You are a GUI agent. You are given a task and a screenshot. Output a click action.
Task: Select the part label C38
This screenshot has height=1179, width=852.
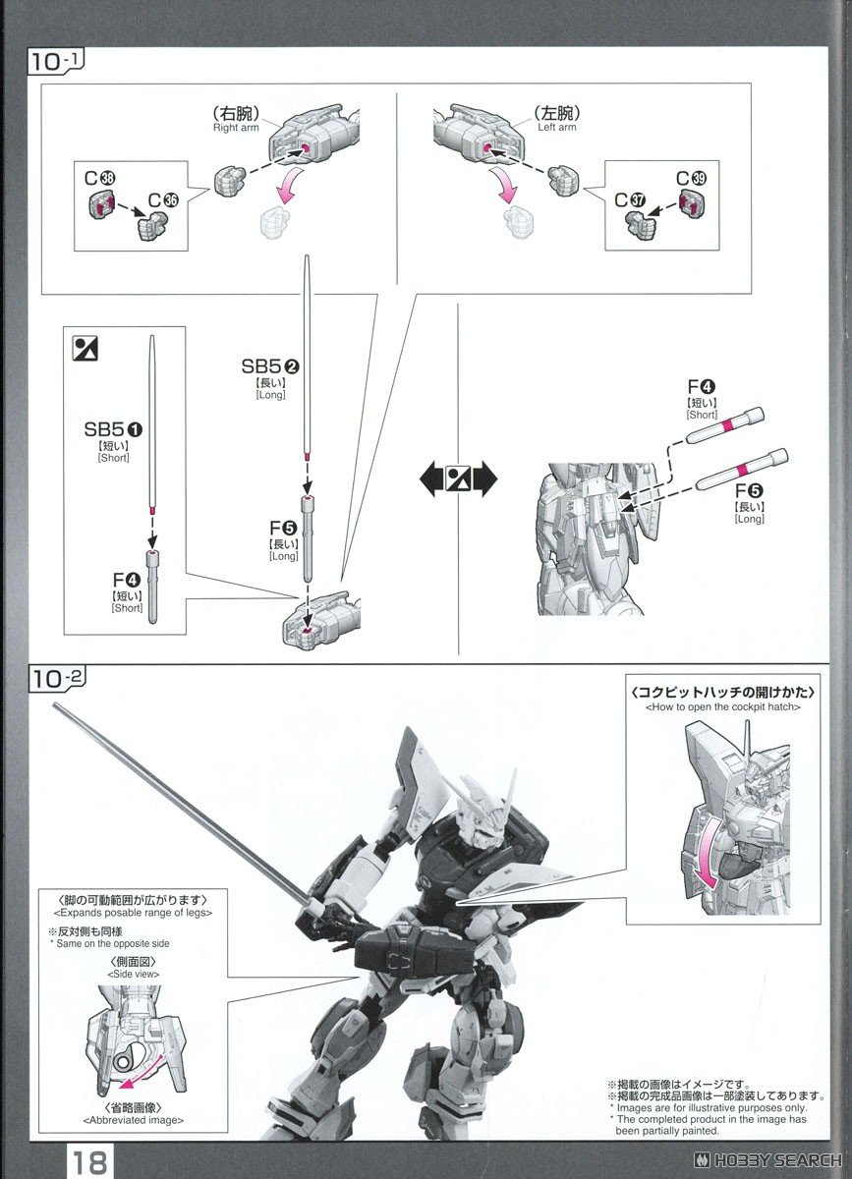99,179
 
